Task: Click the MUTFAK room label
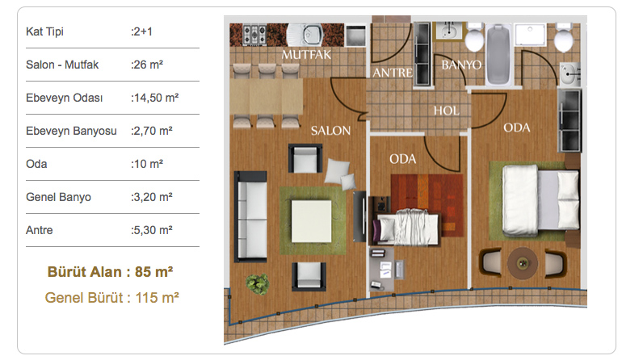306,54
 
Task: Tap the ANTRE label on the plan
393,73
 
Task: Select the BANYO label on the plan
461,65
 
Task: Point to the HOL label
446,111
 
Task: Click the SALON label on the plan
330,131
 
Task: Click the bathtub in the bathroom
498,54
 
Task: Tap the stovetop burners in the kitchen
254,35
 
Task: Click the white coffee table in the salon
311,221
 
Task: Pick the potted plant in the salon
258,284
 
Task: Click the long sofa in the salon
250,216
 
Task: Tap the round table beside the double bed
523,263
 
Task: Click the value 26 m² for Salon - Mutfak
147,65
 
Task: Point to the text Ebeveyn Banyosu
71,131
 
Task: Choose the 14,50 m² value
155,98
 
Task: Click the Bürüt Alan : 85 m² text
111,272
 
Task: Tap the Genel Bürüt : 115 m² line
111,298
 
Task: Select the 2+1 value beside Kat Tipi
141,31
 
